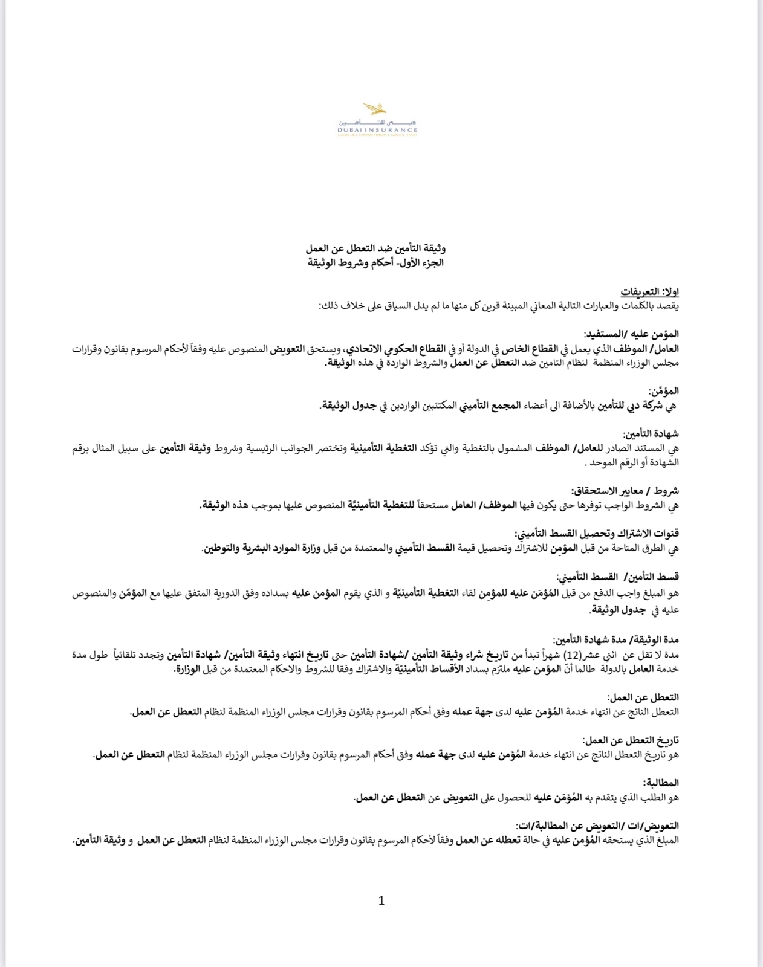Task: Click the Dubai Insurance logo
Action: [x=378, y=121]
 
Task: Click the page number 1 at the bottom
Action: [x=381, y=901]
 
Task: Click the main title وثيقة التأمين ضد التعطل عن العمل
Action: [x=376, y=248]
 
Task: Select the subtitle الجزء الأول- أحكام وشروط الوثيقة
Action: [x=375, y=263]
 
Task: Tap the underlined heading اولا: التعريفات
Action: [x=651, y=291]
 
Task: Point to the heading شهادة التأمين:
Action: [x=651, y=433]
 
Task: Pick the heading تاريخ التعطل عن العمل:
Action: [x=631, y=740]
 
